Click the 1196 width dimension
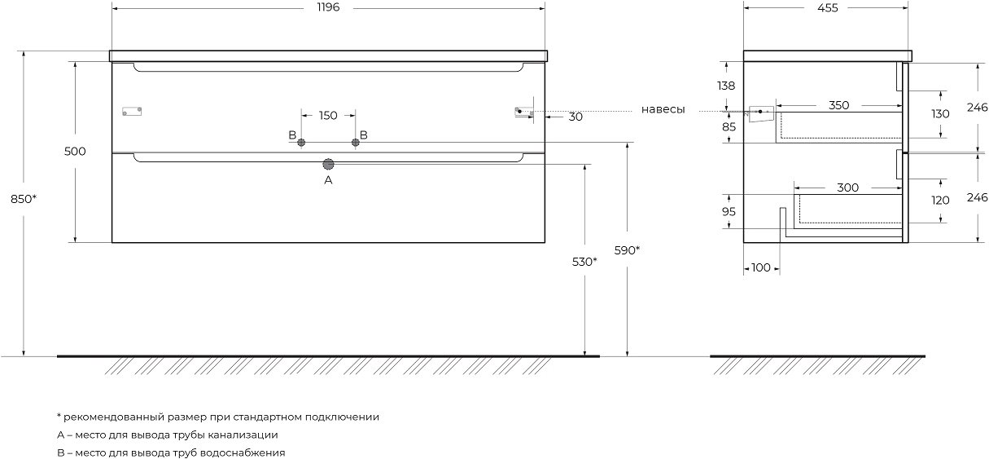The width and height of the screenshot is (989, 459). pos(328,7)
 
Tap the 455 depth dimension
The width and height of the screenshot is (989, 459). pos(827,8)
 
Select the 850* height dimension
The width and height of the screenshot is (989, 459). pos(24,200)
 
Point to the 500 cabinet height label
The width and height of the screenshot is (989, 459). pos(75,151)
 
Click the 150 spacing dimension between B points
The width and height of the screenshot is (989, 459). pos(328,116)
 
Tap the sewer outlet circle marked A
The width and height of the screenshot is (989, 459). pos(328,165)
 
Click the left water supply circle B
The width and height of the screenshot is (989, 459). pos(301,143)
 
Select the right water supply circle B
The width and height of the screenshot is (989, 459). pos(356,143)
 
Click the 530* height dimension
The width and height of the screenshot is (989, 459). pos(584,262)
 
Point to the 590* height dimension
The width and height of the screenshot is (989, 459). pos(627,250)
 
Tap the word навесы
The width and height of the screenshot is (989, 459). pos(663,110)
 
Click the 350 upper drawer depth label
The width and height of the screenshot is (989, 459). pos(839,105)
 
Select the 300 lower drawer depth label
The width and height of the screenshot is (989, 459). pos(847,188)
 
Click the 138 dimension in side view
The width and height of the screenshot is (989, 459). pos(726,86)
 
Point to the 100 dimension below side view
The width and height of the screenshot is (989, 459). pos(761,267)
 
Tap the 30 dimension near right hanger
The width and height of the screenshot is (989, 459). pos(575,117)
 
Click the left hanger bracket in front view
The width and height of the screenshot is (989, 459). pos(132,111)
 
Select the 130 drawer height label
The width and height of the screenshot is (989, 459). pos(940,114)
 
